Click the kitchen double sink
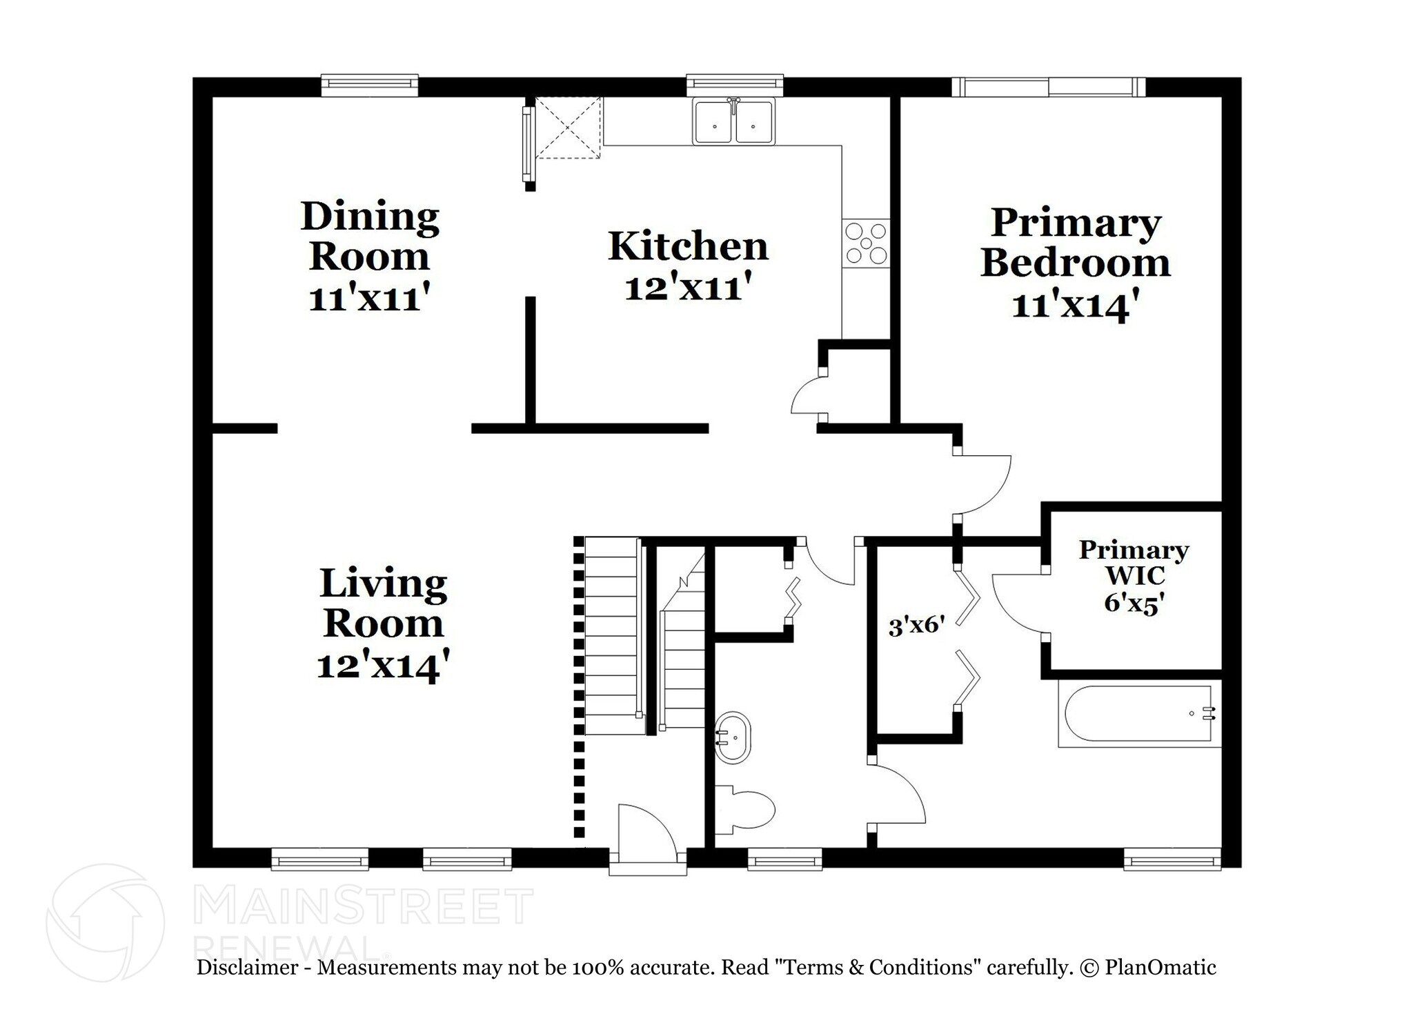(734, 122)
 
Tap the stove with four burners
(866, 243)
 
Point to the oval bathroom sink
(732, 738)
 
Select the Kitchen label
(688, 246)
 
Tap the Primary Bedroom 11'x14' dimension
(1074, 304)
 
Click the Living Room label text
(383, 603)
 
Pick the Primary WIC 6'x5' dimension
(1134, 602)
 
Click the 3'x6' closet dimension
(916, 627)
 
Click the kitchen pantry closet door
(807, 399)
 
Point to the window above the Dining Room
(370, 84)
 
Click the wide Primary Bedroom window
(1049, 87)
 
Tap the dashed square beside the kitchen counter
(568, 128)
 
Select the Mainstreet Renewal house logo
(105, 923)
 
